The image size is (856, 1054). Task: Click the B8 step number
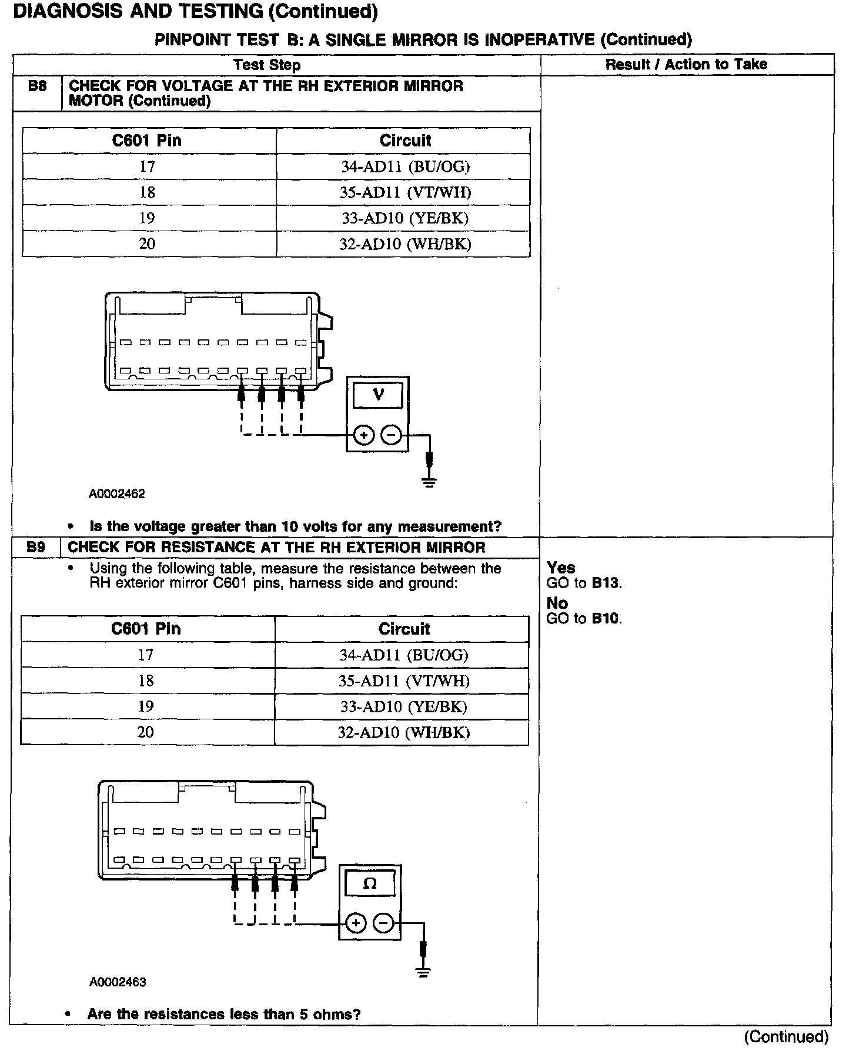point(37,86)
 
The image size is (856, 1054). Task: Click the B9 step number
point(36,548)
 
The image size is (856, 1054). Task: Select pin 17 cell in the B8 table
point(147,167)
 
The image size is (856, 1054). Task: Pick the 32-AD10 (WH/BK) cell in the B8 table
point(405,244)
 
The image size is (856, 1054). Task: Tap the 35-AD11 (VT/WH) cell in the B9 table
point(404,681)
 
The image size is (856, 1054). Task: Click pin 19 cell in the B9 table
point(146,706)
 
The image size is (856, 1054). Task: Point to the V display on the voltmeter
point(378,395)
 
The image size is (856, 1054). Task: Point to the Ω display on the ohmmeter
point(370,883)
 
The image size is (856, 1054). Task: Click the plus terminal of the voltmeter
point(364,436)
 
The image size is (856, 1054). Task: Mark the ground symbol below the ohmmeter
point(423,972)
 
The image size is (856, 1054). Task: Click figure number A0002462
point(117,494)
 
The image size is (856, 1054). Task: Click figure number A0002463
point(118,982)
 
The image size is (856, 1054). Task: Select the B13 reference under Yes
point(606,583)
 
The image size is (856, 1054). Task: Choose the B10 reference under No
point(606,619)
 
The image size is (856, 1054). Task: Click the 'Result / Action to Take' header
point(686,65)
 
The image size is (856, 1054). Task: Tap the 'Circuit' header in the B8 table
point(405,141)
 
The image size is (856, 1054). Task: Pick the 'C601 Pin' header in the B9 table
point(146,629)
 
